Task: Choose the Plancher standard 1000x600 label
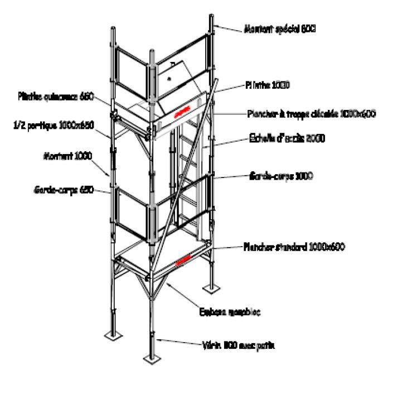tap(292, 246)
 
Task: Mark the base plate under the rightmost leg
tap(212, 289)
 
